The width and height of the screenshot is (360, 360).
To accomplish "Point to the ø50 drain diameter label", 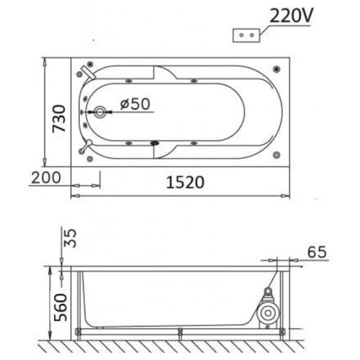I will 135,104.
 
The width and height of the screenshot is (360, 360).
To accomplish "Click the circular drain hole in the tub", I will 100,112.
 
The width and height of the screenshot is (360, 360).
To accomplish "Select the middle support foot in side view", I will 181,333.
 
